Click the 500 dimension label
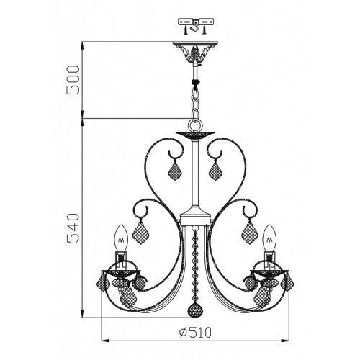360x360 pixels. pyautogui.click(x=73, y=80)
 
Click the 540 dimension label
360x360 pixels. pyautogui.click(x=73, y=228)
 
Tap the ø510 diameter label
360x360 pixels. pyautogui.click(x=195, y=333)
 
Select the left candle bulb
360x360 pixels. pyautogui.click(x=120, y=238)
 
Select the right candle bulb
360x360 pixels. pyautogui.click(x=269, y=238)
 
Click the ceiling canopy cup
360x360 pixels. pyautogui.click(x=196, y=52)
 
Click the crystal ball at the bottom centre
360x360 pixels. pyautogui.click(x=194, y=310)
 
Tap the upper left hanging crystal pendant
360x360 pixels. pyautogui.click(x=175, y=170)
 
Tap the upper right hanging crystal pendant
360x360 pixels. pyautogui.click(x=215, y=170)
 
